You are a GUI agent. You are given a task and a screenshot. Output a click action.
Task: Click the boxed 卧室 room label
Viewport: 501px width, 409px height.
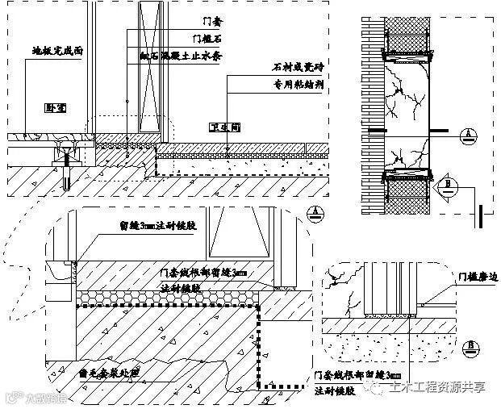pyautogui.click(x=55, y=106)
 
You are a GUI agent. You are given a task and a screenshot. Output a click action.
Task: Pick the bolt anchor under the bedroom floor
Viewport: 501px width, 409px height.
pyautogui.click(x=65, y=171)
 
